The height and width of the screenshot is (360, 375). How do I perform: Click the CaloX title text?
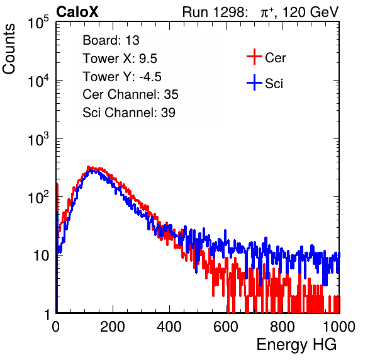77,12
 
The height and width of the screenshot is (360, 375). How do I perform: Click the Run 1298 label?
215,12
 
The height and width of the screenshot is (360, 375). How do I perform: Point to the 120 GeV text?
310,12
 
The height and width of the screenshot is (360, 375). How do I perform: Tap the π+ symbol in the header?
267,13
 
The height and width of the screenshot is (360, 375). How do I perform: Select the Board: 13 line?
111,40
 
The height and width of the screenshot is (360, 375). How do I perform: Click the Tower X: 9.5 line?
120,59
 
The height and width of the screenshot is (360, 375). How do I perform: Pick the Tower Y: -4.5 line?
122,77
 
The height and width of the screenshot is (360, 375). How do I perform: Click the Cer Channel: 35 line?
130,94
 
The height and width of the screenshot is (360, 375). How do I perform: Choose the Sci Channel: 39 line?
129,113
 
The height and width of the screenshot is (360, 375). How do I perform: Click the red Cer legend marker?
254,57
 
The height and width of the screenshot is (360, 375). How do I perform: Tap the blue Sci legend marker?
254,82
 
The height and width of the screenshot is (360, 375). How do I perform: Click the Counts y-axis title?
9,49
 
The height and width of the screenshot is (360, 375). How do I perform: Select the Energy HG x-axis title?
296,345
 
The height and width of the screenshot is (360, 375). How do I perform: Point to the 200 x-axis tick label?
113,327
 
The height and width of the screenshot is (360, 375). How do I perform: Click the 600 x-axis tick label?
226,327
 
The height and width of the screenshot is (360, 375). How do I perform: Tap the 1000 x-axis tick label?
339,327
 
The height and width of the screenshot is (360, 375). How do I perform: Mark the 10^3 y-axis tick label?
38,139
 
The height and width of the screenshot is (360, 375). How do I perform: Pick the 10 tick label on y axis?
41,256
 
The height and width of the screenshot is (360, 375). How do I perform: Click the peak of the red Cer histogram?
88,167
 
